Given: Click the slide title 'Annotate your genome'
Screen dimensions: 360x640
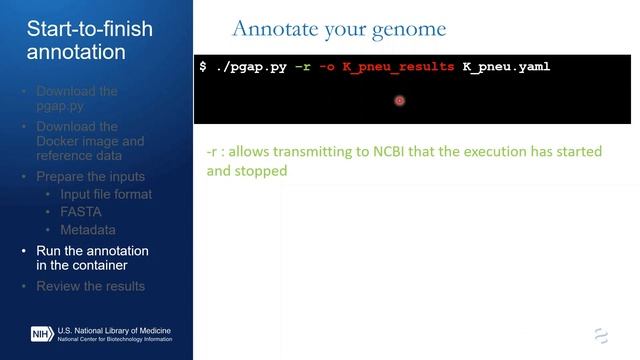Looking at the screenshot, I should click(338, 28).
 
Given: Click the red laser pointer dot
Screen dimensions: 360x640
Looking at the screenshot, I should click(399, 100).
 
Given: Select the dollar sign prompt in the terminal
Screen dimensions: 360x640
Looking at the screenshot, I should click(203, 67).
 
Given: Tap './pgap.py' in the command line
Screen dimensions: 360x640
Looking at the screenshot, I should click(251, 67).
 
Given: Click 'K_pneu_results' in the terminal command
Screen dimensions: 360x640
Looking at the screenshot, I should click(392, 67).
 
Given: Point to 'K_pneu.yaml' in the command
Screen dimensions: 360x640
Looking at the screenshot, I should click(506, 67).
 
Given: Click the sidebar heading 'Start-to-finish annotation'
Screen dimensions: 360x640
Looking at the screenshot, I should click(90, 40).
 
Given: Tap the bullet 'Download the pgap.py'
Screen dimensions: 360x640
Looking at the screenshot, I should click(77, 99).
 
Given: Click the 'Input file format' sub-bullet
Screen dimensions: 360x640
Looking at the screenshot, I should click(107, 194).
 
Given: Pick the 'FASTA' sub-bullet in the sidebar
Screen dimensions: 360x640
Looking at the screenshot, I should click(81, 212).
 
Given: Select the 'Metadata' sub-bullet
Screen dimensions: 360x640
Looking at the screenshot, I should click(88, 230).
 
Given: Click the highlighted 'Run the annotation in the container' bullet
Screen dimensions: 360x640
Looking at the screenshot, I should click(92, 258).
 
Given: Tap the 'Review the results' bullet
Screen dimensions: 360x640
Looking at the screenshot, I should click(90, 286).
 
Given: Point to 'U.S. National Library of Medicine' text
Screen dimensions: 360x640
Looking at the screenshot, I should click(114, 329).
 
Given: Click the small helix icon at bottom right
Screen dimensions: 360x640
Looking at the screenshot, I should click(601, 335).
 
